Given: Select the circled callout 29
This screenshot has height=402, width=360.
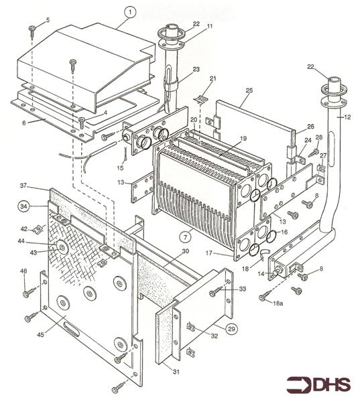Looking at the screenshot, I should click(231, 330).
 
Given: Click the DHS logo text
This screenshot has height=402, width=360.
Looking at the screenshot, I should click(326, 385).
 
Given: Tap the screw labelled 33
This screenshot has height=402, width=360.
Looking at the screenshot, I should click(215, 293).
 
